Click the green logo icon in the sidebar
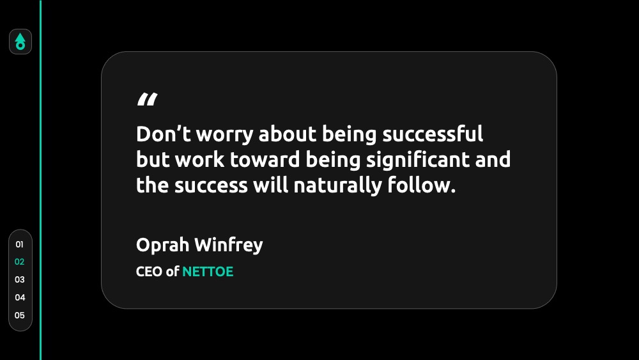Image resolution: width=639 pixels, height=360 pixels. pos(20,42)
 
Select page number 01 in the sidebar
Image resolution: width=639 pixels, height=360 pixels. pos(20,244)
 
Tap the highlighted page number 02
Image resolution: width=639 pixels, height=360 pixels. pos(20,262)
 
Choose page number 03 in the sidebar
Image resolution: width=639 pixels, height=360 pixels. pos(20,279)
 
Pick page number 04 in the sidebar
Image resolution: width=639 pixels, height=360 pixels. pos(20,297)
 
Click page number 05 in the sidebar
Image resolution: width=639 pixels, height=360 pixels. pos(20,316)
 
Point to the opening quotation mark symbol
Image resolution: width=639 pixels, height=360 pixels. pos(147,100)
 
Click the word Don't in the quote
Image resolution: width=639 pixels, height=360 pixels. pos(164,134)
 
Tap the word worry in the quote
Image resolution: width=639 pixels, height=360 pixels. pos(224,136)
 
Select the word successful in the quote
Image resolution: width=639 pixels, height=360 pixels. pos(433,134)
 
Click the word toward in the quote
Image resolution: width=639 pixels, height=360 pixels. pos(265,159)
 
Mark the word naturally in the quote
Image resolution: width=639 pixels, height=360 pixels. pos(337,186)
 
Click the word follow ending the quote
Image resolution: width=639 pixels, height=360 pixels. pos(421,185)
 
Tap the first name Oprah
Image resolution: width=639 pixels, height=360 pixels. pos(162,246)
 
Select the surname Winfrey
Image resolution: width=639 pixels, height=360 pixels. pos(229,246)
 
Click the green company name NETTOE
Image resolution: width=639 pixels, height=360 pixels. pos(208,272)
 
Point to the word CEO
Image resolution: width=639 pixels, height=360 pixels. pos(149,272)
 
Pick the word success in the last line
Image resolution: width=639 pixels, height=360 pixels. pos(211,186)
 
